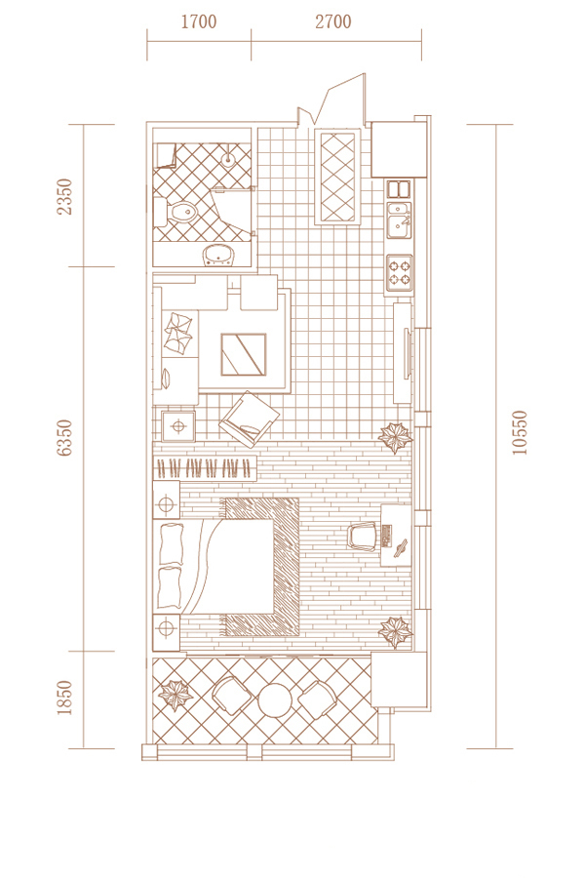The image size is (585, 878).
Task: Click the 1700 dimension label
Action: tap(199, 21)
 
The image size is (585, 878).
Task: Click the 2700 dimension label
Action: tap(333, 21)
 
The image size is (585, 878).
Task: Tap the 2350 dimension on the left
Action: tap(65, 196)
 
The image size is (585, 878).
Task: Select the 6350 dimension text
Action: tap(65, 438)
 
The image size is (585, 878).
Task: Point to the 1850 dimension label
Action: tap(65, 698)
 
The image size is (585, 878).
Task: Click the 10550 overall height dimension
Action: tap(520, 433)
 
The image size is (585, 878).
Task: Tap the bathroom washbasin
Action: tap(220, 255)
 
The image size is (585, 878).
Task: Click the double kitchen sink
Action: tap(399, 219)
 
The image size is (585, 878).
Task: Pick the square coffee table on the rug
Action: tap(244, 354)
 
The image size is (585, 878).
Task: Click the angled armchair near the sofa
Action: tap(250, 419)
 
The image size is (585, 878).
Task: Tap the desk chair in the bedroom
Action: tap(363, 537)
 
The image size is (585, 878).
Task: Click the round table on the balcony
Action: tap(275, 699)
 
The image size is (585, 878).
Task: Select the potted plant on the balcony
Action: tap(175, 695)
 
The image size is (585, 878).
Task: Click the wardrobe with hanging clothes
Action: tap(205, 467)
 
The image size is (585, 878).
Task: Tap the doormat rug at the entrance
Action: tap(338, 177)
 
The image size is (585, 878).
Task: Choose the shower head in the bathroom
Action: tap(228, 160)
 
